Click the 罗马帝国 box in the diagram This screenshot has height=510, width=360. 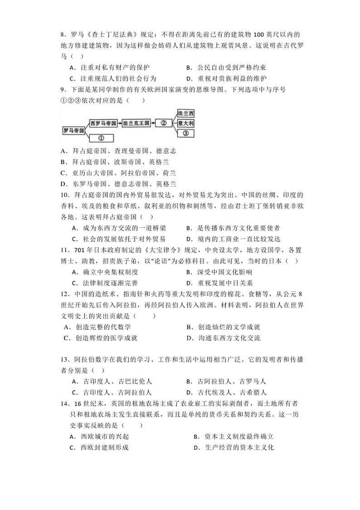point(73,131)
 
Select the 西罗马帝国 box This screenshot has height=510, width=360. point(103,123)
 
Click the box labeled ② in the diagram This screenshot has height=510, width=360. point(164,123)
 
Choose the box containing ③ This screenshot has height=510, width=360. point(186,133)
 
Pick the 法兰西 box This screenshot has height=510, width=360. point(186,113)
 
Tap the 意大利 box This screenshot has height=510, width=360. point(186,123)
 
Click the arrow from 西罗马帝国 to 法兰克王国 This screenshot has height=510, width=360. point(120,123)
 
